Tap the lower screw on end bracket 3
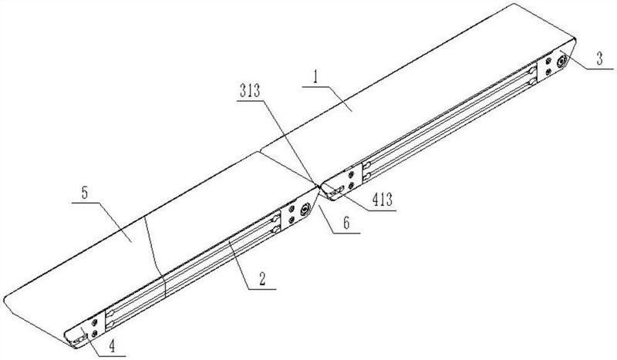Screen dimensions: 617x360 click(x=548, y=72)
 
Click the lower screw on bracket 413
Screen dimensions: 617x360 click(x=351, y=187)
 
